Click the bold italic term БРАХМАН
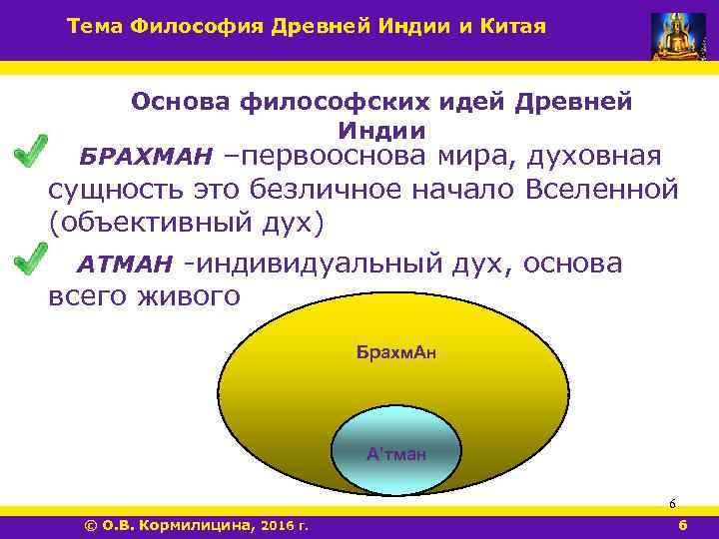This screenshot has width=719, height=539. point(147,158)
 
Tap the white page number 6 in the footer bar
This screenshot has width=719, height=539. point(682,524)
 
